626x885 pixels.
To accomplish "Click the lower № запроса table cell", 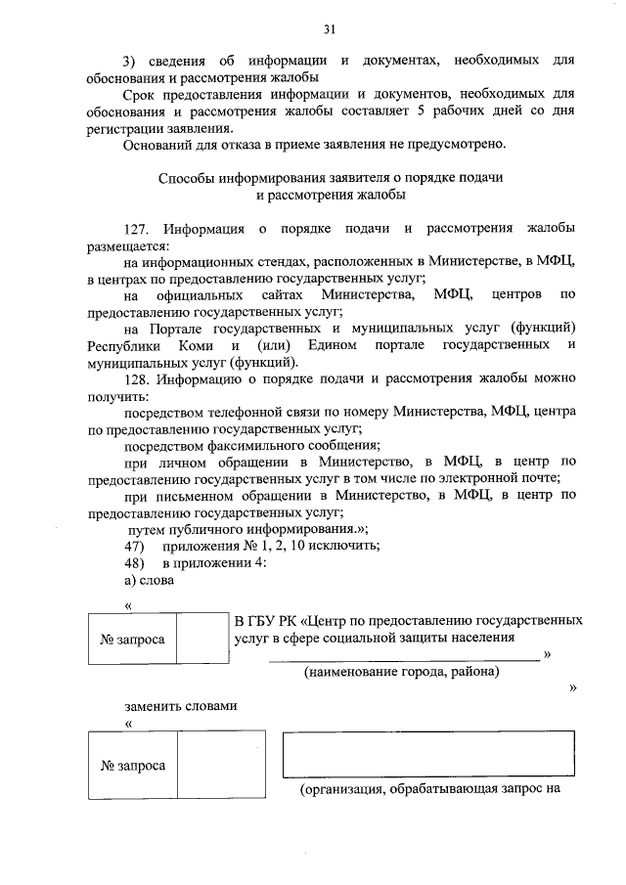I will click(x=132, y=766).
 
